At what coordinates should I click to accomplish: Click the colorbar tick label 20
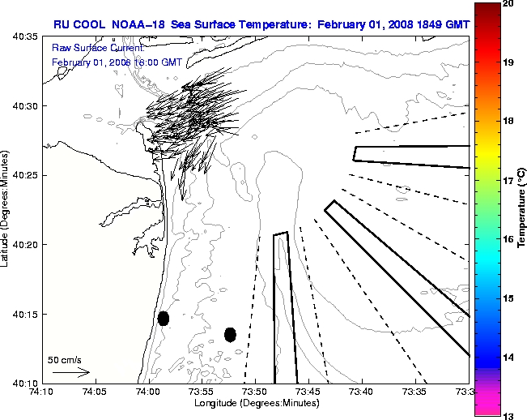pyautogui.click(x=508, y=4)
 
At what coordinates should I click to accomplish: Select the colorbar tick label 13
pyautogui.click(x=508, y=415)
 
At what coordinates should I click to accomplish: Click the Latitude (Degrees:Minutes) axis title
pyautogui.click(x=6, y=209)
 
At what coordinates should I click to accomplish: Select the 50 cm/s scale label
pyautogui.click(x=65, y=359)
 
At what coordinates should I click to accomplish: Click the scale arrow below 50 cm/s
pyautogui.click(x=70, y=372)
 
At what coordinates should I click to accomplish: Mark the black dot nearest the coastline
pyautogui.click(x=164, y=318)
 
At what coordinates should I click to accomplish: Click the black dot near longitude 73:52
pyautogui.click(x=231, y=334)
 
